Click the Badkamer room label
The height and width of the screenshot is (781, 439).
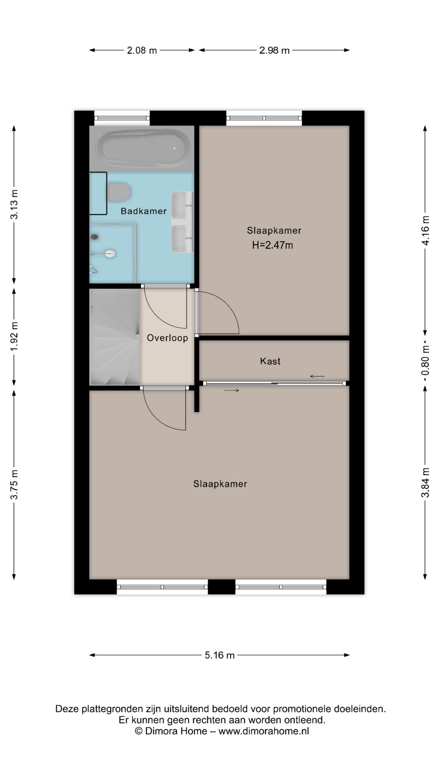point(143,211)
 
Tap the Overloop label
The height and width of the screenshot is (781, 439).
point(167,338)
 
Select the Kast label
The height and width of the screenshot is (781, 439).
point(270,361)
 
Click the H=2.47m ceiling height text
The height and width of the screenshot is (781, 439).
point(273,245)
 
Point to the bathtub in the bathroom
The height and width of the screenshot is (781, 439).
point(143,148)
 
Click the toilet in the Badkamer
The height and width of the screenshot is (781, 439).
point(119,192)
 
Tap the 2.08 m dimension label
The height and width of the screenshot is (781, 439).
point(142,50)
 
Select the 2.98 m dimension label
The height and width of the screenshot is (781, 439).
point(274,50)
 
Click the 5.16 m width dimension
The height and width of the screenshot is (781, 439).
point(219,655)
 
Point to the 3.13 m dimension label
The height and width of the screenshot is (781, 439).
point(14,204)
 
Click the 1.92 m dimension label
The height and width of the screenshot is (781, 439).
point(14,337)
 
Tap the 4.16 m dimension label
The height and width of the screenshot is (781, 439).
point(426,230)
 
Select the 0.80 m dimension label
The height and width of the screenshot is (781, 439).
point(426,361)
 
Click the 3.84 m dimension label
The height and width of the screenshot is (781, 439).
point(426,482)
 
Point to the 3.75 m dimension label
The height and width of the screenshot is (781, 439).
point(14,484)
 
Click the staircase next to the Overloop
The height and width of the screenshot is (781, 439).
point(115,337)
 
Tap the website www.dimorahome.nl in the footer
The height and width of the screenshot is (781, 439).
point(264,731)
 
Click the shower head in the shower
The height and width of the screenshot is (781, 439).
point(109,254)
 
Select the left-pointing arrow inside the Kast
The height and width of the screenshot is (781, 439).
point(317,376)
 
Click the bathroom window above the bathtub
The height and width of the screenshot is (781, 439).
point(122,118)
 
